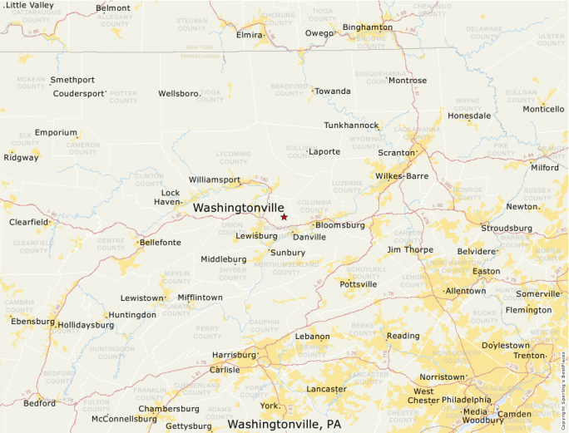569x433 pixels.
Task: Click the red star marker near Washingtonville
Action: coord(284,217)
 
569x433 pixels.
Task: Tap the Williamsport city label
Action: coord(214,180)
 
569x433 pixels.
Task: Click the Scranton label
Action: coord(395,153)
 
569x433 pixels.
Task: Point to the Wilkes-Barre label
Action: coord(401,176)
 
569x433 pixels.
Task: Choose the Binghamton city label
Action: coord(367,27)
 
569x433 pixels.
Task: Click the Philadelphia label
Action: coord(465,399)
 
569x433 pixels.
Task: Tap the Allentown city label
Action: coord(465,291)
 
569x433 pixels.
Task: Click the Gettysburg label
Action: coord(189,426)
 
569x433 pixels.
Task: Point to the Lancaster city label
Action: coord(326,389)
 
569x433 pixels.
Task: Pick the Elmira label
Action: coord(249,36)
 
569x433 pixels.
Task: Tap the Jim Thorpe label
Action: coord(411,249)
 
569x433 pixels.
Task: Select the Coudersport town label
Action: coord(79,93)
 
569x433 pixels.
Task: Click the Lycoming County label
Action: coord(232,157)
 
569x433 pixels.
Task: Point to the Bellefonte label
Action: coord(160,243)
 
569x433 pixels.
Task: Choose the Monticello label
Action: coord(542,110)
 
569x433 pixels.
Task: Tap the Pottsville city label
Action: coord(358,284)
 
